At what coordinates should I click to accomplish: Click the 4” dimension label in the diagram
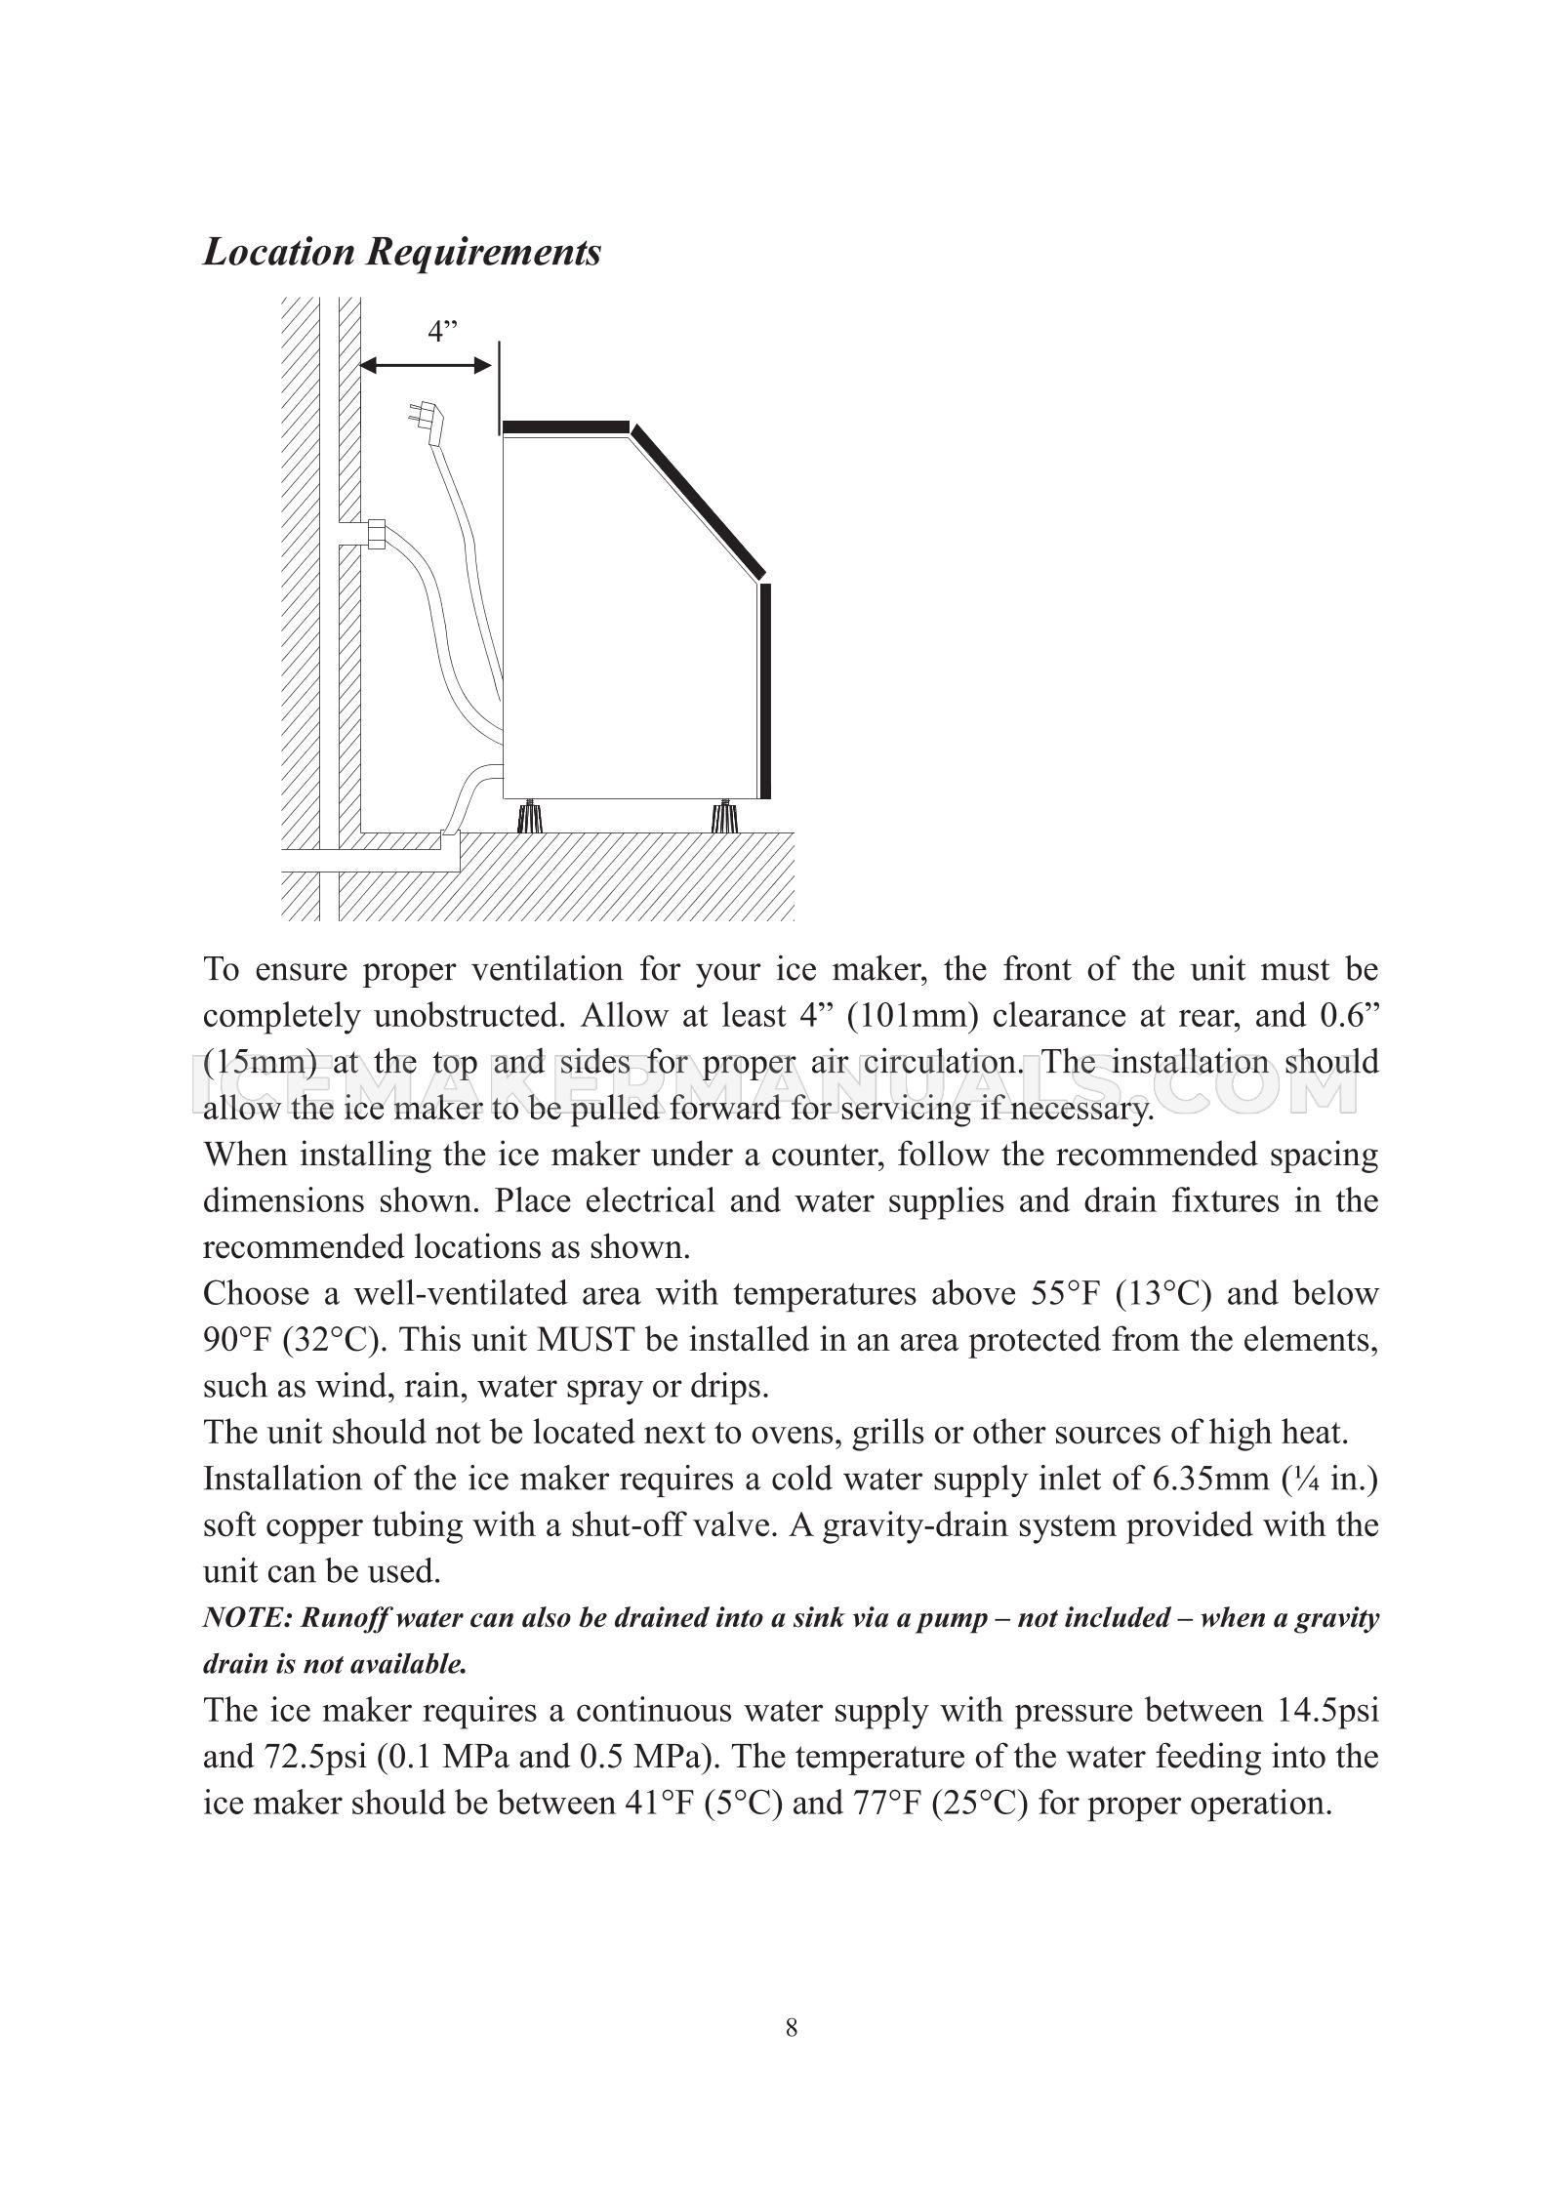coord(442,332)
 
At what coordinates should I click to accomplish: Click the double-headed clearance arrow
coord(425,366)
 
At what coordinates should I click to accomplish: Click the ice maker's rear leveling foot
coord(530,815)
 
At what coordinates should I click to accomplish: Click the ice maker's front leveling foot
coord(722,815)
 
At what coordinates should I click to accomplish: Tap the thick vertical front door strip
coord(765,691)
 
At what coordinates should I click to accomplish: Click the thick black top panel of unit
coord(565,426)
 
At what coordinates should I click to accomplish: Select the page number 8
coord(791,2029)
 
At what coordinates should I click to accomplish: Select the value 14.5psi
coord(1326,1711)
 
